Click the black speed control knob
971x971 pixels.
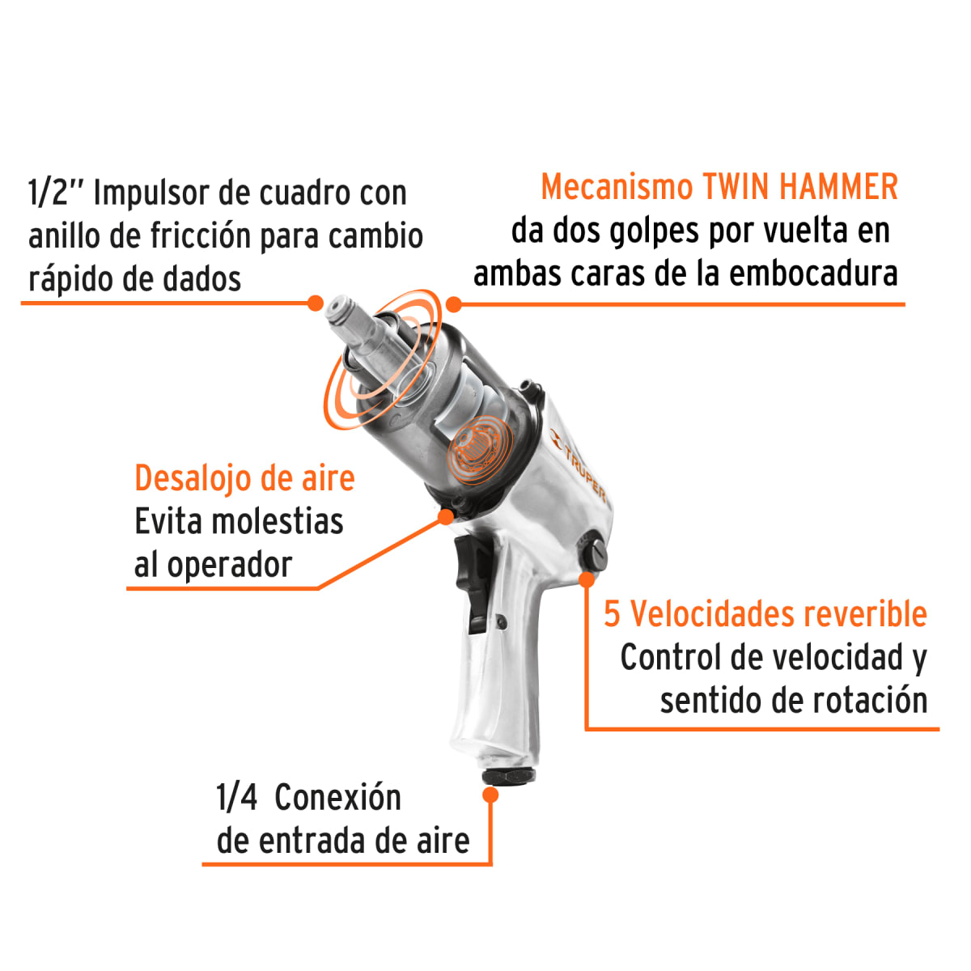tap(593, 554)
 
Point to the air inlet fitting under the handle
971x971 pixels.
tap(508, 776)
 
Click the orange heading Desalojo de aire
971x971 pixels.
tap(244, 478)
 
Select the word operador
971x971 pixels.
tap(229, 566)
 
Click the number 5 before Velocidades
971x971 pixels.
tap(613, 614)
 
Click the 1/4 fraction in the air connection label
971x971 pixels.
tap(236, 799)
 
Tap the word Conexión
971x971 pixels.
tap(337, 799)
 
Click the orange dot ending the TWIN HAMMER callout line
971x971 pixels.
tap(454, 304)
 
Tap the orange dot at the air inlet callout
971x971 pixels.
tap(490, 795)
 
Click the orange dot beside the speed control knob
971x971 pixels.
tap(587, 579)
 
